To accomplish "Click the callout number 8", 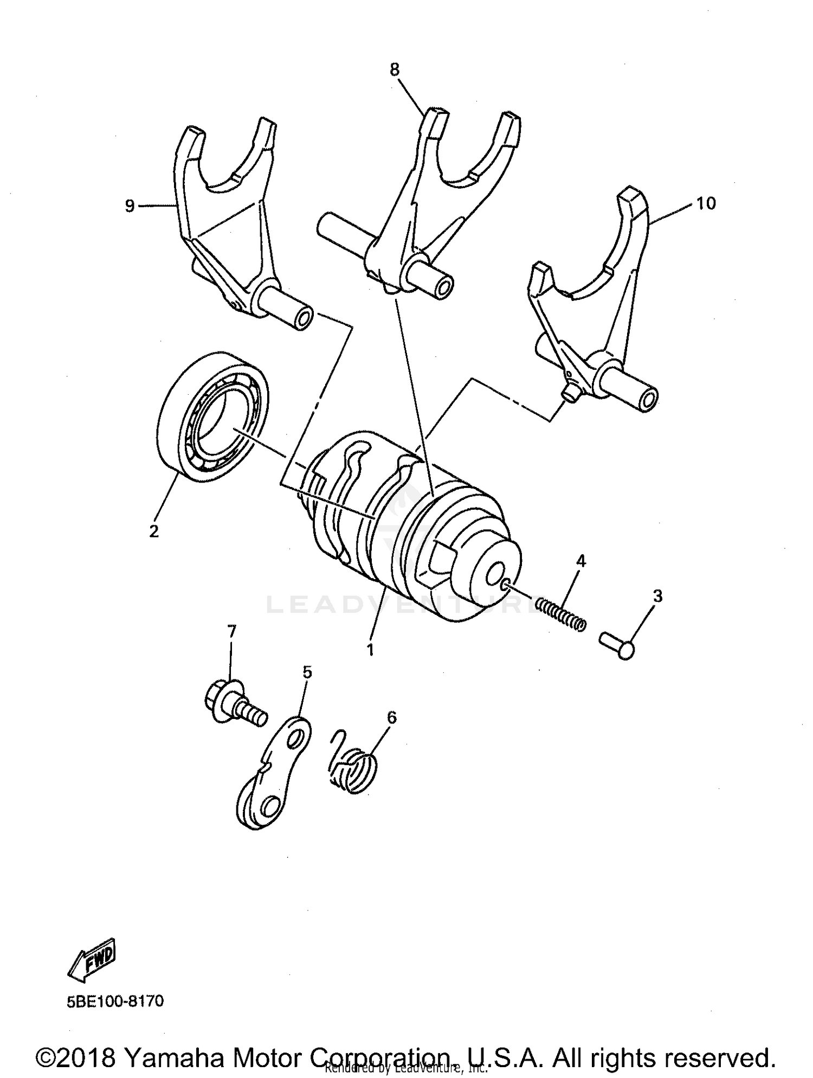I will [x=394, y=69].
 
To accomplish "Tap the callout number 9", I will [x=130, y=206].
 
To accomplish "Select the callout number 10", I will [x=706, y=203].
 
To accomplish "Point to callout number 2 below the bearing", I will [x=154, y=531].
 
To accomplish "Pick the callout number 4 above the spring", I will [x=581, y=561].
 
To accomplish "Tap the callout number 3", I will [x=657, y=596].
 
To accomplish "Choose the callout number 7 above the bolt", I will [x=231, y=631].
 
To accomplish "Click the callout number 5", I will [x=307, y=672].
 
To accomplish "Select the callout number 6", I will [x=391, y=717].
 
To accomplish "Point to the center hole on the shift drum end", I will [x=496, y=575].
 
